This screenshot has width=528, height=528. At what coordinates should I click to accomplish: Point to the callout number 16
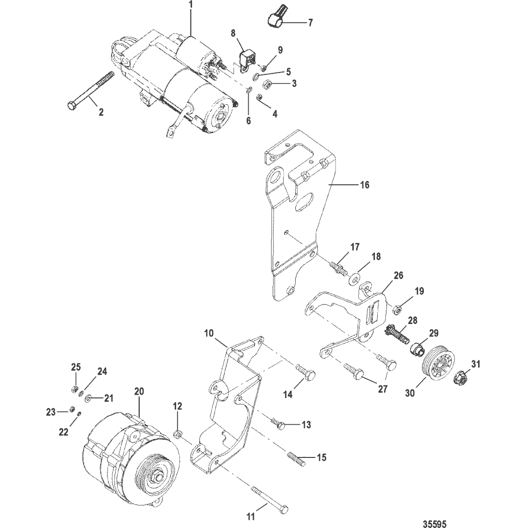365,184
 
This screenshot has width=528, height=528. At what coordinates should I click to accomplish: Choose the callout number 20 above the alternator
139,392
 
